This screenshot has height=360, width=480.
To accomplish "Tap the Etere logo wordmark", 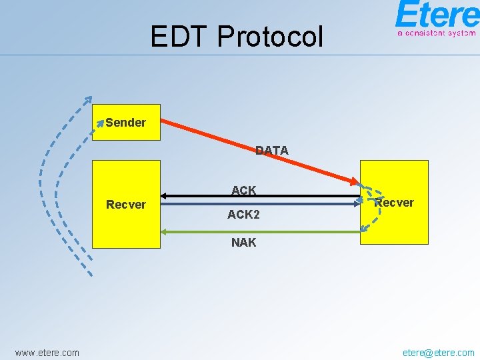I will [x=436, y=15].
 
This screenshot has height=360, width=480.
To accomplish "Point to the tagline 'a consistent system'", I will [x=436, y=32].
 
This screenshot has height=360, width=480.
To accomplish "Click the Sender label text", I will [x=125, y=123].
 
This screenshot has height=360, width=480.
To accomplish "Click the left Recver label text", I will [x=126, y=205].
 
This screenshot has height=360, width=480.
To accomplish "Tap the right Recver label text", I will [x=395, y=203].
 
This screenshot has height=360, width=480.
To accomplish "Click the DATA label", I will [x=272, y=151].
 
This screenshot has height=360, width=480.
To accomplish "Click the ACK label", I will [x=244, y=191].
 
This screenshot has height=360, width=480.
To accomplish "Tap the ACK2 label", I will [x=244, y=215].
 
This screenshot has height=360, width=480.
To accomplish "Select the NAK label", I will [x=244, y=243].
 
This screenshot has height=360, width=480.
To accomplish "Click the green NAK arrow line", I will [x=260, y=232].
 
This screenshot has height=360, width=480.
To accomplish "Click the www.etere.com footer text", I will [x=47, y=353].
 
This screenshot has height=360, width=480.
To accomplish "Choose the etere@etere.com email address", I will [x=439, y=353].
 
